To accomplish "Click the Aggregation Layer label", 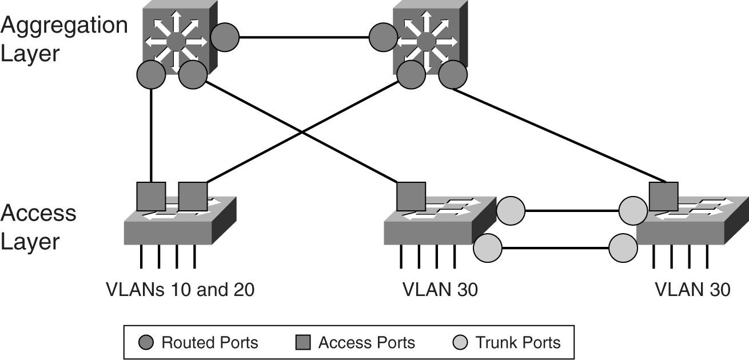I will pos(64,39).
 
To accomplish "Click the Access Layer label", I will pos(38,227).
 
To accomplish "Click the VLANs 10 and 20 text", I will pos(180,290).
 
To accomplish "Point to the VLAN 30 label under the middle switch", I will pos(440,290).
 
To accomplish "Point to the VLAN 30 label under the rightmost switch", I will pos(692,290).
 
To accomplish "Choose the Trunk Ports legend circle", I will pos(461,343).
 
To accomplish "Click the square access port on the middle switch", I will pos(411,197).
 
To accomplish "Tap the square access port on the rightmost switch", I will pos(664,197).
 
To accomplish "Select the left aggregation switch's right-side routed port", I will pos(225,37).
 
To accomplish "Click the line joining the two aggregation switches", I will pos(304,38).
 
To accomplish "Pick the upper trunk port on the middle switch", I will pos(511,211).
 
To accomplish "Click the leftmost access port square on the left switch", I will pos(151,197).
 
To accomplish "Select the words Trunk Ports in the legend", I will pos(519,343).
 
